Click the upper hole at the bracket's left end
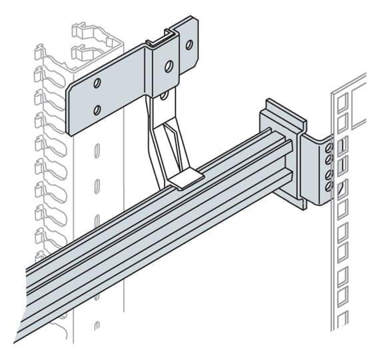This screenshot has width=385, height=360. (x=97, y=83)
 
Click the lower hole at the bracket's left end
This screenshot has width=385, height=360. (x=97, y=109)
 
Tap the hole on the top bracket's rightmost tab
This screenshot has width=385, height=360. (x=189, y=45)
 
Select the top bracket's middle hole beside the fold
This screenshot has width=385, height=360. (x=169, y=66)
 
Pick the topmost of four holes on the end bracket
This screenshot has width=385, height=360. (x=328, y=148)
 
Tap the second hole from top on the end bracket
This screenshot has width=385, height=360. (x=328, y=161)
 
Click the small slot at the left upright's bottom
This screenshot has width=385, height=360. (x=97, y=327)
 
